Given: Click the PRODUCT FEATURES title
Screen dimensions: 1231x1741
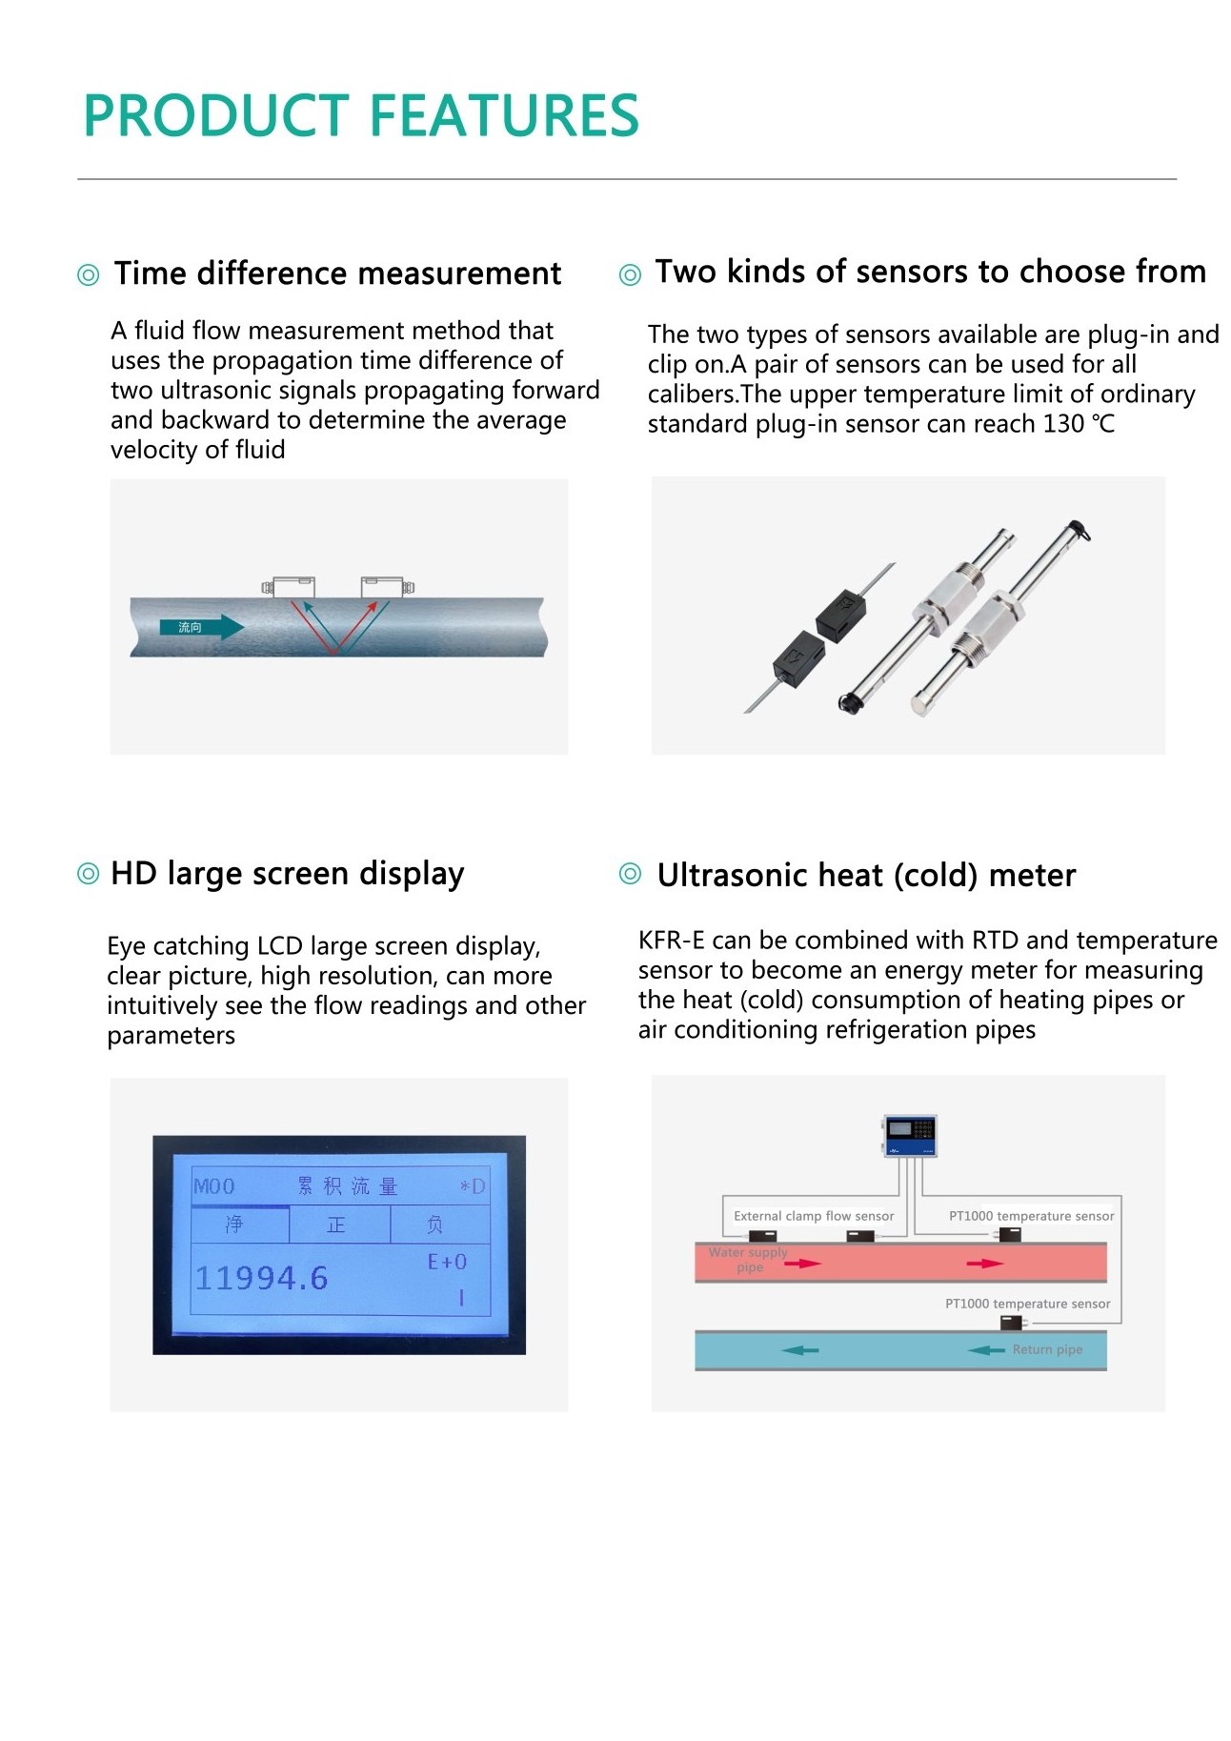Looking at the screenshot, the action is coord(361,116).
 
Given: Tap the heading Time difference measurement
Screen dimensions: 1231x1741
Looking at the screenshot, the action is coord(337,273).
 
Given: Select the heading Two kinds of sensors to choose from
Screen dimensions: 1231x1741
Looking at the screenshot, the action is coord(930,272).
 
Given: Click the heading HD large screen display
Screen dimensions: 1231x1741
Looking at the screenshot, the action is coord(287,874).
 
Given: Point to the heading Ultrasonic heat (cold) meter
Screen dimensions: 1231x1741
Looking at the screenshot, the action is coord(866,876).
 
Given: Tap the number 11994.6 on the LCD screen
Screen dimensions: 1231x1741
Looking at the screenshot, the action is coord(261,1278).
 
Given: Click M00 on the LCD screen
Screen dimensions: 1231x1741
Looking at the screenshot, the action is coord(214,1186).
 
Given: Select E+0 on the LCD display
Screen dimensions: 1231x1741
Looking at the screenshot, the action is coord(447,1262).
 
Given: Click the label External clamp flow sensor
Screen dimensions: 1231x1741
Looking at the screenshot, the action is coord(814,1216).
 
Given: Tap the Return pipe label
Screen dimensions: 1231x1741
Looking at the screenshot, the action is coord(1047,1349).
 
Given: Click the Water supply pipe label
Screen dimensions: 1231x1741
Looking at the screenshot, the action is coord(749,1260).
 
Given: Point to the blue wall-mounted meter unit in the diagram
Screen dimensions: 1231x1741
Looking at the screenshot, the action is coord(910,1135).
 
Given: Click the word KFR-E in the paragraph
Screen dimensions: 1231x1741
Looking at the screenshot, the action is coord(671,941).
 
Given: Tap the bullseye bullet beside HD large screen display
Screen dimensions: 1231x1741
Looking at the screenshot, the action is coord(88,874).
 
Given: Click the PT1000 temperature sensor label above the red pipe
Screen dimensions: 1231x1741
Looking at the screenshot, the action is coord(1031,1216).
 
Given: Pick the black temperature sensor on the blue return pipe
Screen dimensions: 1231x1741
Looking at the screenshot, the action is coord(1011,1323).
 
